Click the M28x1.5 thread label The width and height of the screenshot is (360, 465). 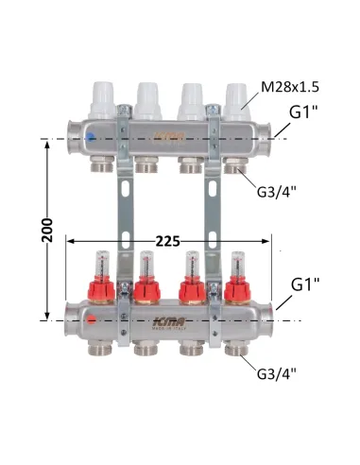pyautogui.click(x=290, y=87)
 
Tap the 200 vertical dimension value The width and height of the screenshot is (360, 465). pyautogui.click(x=47, y=230)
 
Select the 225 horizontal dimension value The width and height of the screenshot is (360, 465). pyautogui.click(x=168, y=242)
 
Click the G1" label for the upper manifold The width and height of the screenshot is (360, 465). pyautogui.click(x=303, y=112)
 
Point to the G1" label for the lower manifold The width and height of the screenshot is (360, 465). pyautogui.click(x=305, y=284)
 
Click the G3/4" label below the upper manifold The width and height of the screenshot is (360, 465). pyautogui.click(x=277, y=191)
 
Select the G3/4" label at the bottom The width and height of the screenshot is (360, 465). pyautogui.click(x=277, y=374)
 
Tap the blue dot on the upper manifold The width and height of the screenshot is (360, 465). pyautogui.click(x=91, y=137)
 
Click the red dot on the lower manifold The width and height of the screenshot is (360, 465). pyautogui.click(x=92, y=320)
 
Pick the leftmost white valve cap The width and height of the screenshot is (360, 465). pyautogui.click(x=102, y=100)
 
